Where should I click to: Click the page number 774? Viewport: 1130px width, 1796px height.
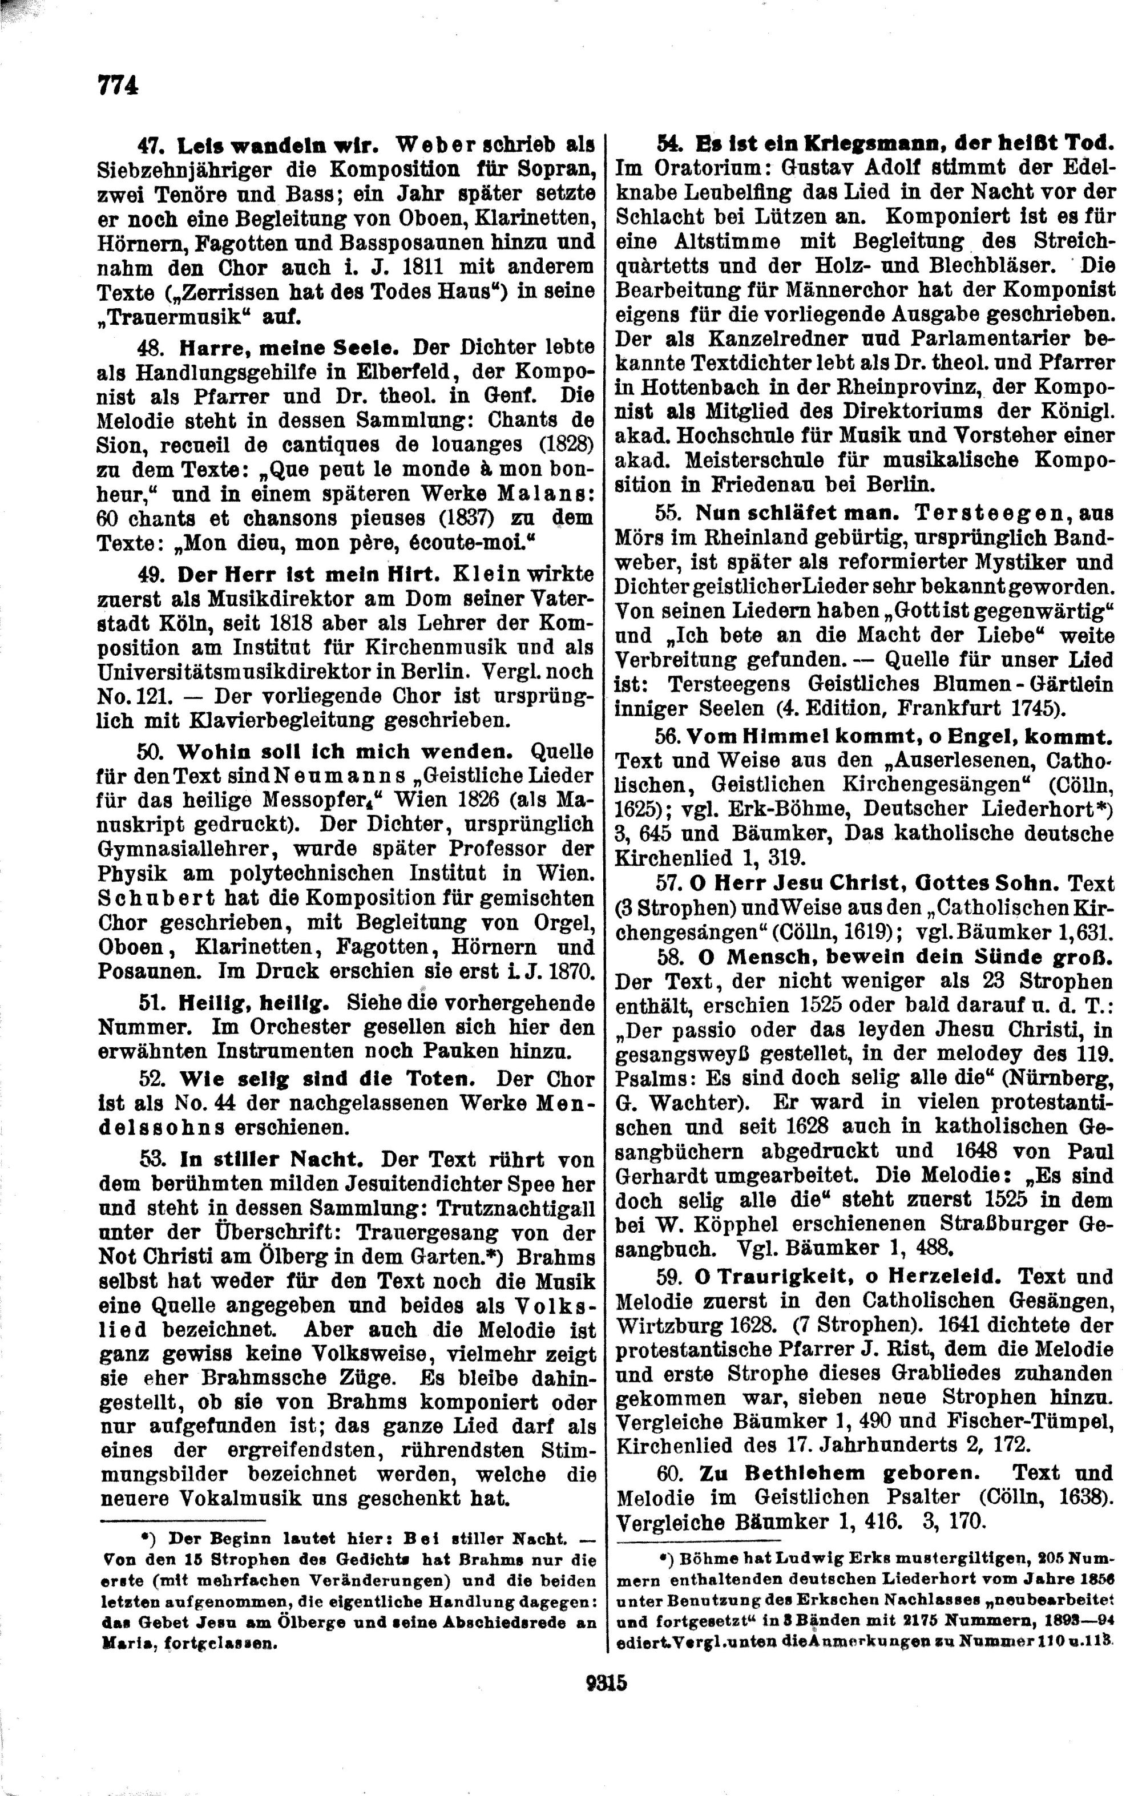click(118, 86)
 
